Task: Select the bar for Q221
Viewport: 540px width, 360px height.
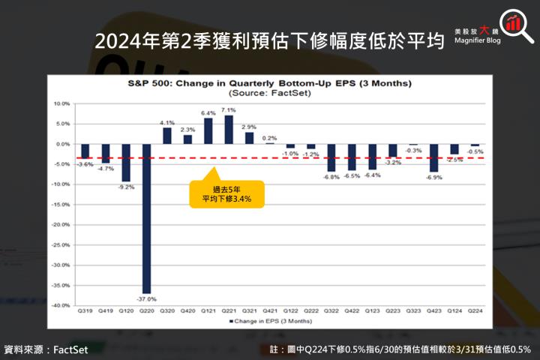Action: tap(228, 129)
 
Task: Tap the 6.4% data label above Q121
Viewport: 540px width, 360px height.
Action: tap(208, 113)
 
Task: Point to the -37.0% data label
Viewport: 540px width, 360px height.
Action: tap(146, 298)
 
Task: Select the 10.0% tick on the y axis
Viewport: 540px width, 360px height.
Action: tap(61, 103)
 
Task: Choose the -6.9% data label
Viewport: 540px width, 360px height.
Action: tap(433, 177)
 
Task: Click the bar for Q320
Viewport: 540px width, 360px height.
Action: tap(167, 135)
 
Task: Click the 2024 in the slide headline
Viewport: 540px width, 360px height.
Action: tap(118, 42)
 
